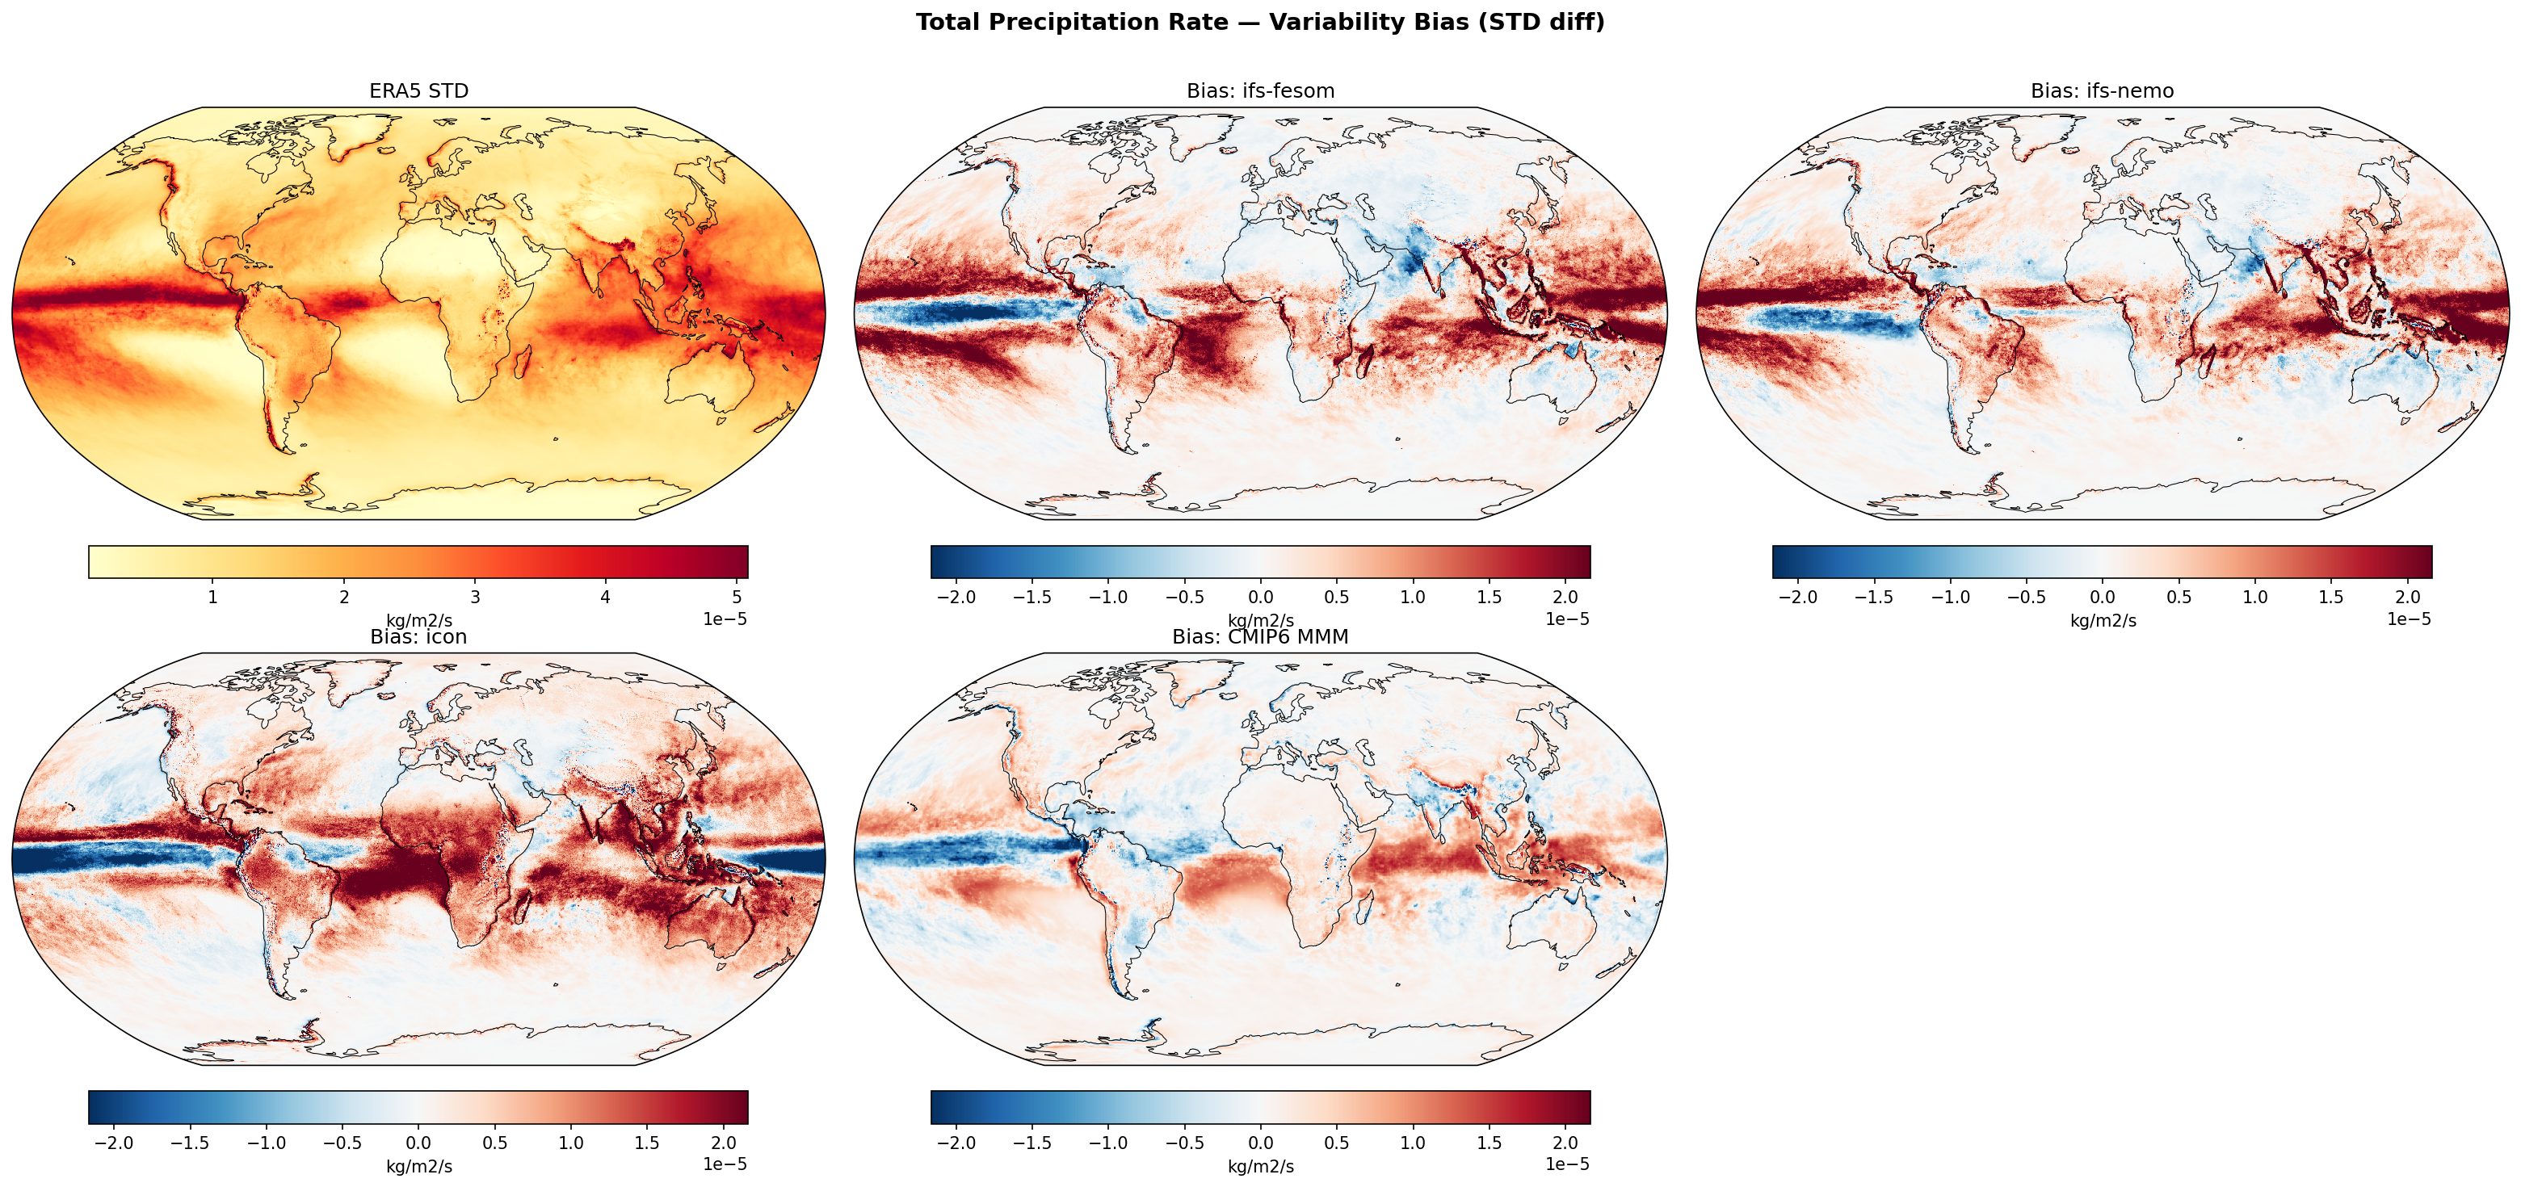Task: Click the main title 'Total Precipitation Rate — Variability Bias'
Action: click(1259, 23)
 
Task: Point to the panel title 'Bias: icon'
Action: click(419, 637)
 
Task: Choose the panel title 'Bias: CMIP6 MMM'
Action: click(1259, 637)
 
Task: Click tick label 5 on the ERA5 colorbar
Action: click(736, 597)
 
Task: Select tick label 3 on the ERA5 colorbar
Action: click(475, 597)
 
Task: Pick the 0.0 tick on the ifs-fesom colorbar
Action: click(1260, 597)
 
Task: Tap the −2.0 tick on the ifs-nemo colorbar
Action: click(1796, 597)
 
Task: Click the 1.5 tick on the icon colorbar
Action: click(647, 1143)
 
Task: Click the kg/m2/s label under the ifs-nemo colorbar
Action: click(2102, 620)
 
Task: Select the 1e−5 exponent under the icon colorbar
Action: click(725, 1164)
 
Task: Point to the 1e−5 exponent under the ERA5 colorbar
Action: click(725, 619)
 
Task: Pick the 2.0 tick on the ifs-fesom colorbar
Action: click(1565, 597)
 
